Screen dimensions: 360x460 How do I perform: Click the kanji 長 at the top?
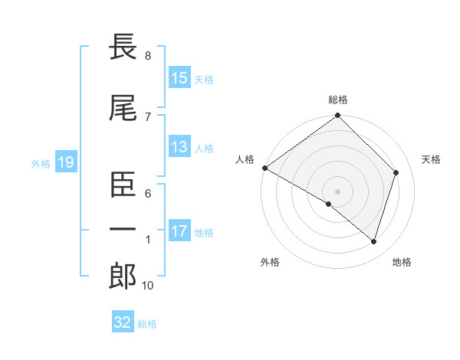[123, 48]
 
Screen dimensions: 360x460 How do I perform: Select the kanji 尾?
[123, 109]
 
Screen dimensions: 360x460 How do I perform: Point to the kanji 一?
[123, 231]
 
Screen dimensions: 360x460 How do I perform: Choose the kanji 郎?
[123, 277]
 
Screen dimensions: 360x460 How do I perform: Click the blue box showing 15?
[179, 78]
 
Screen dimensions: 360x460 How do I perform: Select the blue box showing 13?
[179, 147]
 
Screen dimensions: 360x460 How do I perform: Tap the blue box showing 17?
[179, 231]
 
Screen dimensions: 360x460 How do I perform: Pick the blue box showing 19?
[65, 162]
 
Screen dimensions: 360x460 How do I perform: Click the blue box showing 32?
[123, 322]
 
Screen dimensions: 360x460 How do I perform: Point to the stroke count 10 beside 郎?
[149, 286]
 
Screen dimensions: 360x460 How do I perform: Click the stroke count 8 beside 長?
[148, 56]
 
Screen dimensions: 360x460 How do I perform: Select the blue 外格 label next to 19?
[41, 162]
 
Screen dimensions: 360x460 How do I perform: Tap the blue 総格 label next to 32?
[147, 323]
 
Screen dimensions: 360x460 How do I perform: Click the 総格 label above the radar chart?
[338, 100]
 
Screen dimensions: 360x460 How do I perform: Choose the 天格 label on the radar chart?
[432, 159]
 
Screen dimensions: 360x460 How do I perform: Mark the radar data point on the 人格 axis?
[264, 168]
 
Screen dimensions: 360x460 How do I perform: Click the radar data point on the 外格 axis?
[329, 205]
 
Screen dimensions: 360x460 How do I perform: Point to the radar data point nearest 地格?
[373, 242]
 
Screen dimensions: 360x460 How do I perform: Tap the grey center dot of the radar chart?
[337, 191]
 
